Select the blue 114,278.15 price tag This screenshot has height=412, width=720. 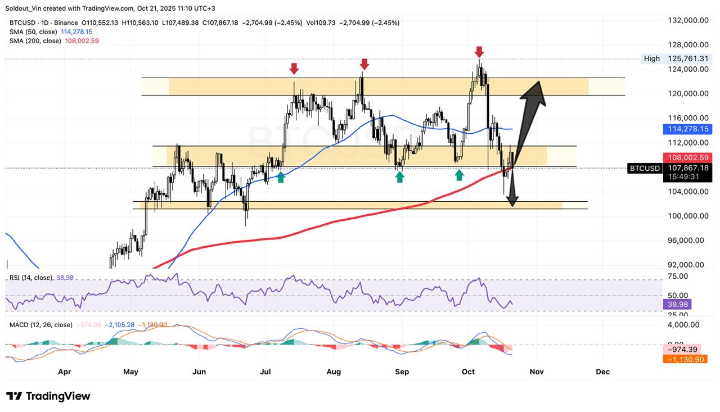[687, 129]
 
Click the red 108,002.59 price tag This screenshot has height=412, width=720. [687, 158]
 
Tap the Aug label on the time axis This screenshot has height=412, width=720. [334, 372]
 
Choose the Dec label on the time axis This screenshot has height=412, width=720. [602, 372]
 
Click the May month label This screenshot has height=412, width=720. [130, 372]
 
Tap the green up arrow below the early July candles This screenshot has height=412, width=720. [281, 178]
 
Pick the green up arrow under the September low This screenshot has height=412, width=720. [399, 177]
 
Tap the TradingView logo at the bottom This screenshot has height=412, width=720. [48, 396]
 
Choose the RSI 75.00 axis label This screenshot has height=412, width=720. [678, 276]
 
